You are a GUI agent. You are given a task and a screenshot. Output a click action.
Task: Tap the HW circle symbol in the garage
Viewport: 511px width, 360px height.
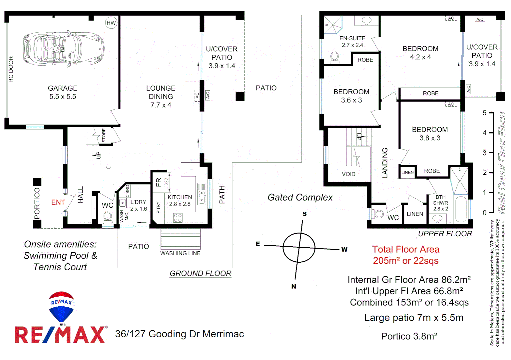click(x=111, y=23)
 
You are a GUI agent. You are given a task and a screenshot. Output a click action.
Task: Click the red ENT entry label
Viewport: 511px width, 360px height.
click(x=58, y=202)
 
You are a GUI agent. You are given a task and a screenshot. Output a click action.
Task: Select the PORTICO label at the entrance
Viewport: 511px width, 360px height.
click(x=37, y=203)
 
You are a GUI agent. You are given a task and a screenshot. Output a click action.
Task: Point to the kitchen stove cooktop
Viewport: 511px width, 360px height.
click(x=178, y=218)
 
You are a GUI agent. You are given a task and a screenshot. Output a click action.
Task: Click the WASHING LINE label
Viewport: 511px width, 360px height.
click(x=180, y=253)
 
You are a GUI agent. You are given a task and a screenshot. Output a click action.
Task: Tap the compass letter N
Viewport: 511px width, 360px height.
click(x=293, y=286)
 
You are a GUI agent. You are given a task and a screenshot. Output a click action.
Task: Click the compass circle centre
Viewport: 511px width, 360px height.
click(x=299, y=247)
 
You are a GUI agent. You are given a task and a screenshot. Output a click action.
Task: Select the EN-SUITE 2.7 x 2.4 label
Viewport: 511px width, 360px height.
click(x=352, y=42)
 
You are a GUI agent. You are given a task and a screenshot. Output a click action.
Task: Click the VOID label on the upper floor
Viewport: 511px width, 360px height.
click(x=348, y=174)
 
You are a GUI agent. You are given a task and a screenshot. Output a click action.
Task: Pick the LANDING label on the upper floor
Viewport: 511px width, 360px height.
click(x=385, y=163)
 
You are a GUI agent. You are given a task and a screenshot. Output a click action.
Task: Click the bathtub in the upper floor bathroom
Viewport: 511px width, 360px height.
click(x=461, y=209)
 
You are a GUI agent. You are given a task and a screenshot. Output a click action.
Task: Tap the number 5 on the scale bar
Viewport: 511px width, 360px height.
click(x=484, y=113)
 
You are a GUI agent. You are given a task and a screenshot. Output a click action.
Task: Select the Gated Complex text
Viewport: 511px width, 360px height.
click(x=300, y=198)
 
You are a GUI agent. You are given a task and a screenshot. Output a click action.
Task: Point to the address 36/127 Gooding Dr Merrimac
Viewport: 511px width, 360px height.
click(x=180, y=334)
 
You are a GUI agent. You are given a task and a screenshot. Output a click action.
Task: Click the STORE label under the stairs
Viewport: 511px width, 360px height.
click(x=104, y=136)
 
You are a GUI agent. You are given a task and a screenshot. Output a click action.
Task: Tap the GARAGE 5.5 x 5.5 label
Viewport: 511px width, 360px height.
click(x=63, y=92)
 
